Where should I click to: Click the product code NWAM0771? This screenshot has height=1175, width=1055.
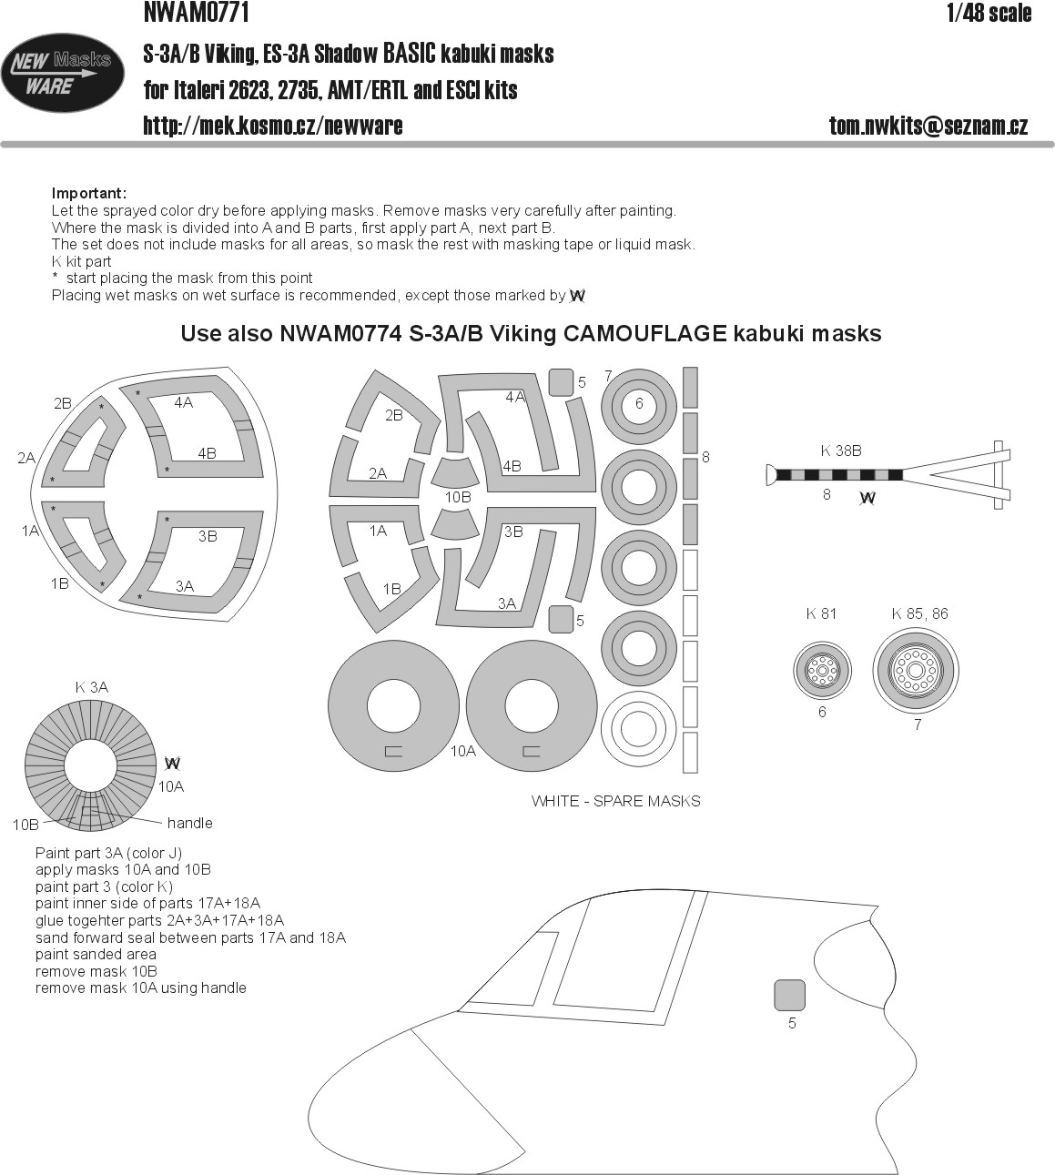(x=196, y=13)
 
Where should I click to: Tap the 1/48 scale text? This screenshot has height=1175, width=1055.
(x=989, y=13)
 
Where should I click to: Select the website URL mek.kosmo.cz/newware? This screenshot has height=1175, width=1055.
(x=272, y=126)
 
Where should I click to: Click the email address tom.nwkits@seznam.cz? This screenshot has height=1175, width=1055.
(x=928, y=127)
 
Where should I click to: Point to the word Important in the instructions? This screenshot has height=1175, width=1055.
(x=88, y=193)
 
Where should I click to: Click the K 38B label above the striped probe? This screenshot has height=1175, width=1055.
(x=841, y=450)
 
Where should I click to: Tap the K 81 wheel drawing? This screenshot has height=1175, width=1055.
(x=822, y=672)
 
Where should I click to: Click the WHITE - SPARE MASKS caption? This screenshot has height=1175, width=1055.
(x=615, y=801)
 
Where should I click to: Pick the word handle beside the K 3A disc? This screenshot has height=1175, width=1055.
(x=189, y=823)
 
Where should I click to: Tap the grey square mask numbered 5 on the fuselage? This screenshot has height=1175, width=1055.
(x=789, y=995)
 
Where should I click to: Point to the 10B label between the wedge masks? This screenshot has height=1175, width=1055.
(x=458, y=497)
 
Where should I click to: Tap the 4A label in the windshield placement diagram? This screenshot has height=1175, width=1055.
(x=184, y=401)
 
